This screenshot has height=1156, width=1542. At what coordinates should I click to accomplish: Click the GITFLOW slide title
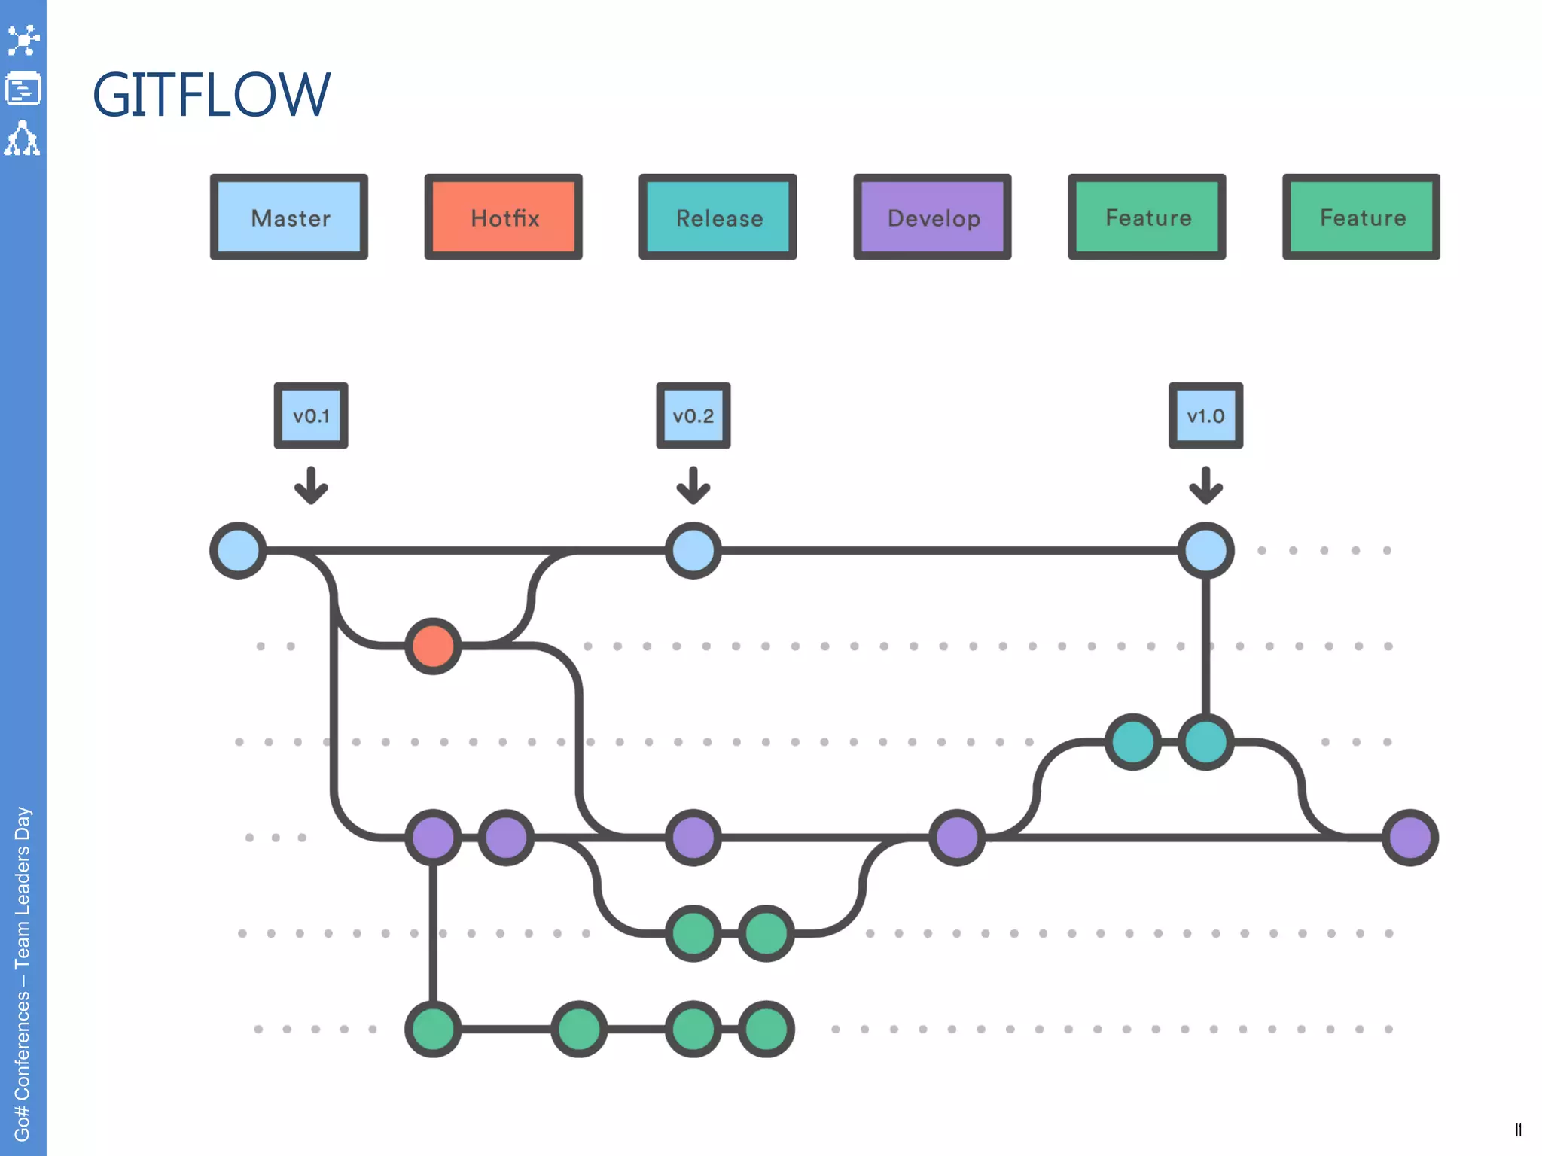coord(211,95)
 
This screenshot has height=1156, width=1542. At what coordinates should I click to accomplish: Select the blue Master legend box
coord(289,218)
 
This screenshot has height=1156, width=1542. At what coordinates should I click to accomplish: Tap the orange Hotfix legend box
coord(504,218)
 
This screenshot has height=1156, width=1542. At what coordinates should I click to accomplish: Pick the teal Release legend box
coord(718,218)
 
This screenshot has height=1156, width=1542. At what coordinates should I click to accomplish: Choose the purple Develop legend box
coord(932,218)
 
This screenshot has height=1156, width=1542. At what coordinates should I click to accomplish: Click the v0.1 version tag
coord(311,415)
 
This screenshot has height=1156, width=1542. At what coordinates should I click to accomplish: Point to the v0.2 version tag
coord(693,415)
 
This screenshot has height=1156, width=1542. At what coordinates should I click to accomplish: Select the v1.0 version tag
coord(1205,415)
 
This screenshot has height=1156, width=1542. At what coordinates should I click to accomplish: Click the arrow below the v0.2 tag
coord(693,485)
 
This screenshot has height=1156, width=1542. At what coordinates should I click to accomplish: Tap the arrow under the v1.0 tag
coord(1205,485)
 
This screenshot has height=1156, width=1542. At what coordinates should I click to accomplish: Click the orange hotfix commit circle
coord(433,646)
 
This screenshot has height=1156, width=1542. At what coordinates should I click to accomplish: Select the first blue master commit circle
coord(238,550)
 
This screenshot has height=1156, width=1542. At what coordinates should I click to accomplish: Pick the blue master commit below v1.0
coord(1205,550)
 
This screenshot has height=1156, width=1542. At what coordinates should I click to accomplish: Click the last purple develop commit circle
coord(1409,837)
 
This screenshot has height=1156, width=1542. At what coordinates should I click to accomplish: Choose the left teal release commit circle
coord(1132,741)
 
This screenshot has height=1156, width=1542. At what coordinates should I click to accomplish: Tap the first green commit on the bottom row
coord(433,1029)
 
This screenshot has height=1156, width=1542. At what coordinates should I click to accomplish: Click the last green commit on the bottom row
coord(766,1029)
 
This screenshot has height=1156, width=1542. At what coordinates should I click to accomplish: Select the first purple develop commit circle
coord(433,837)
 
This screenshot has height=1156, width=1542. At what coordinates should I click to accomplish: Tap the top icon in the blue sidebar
coord(23,40)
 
